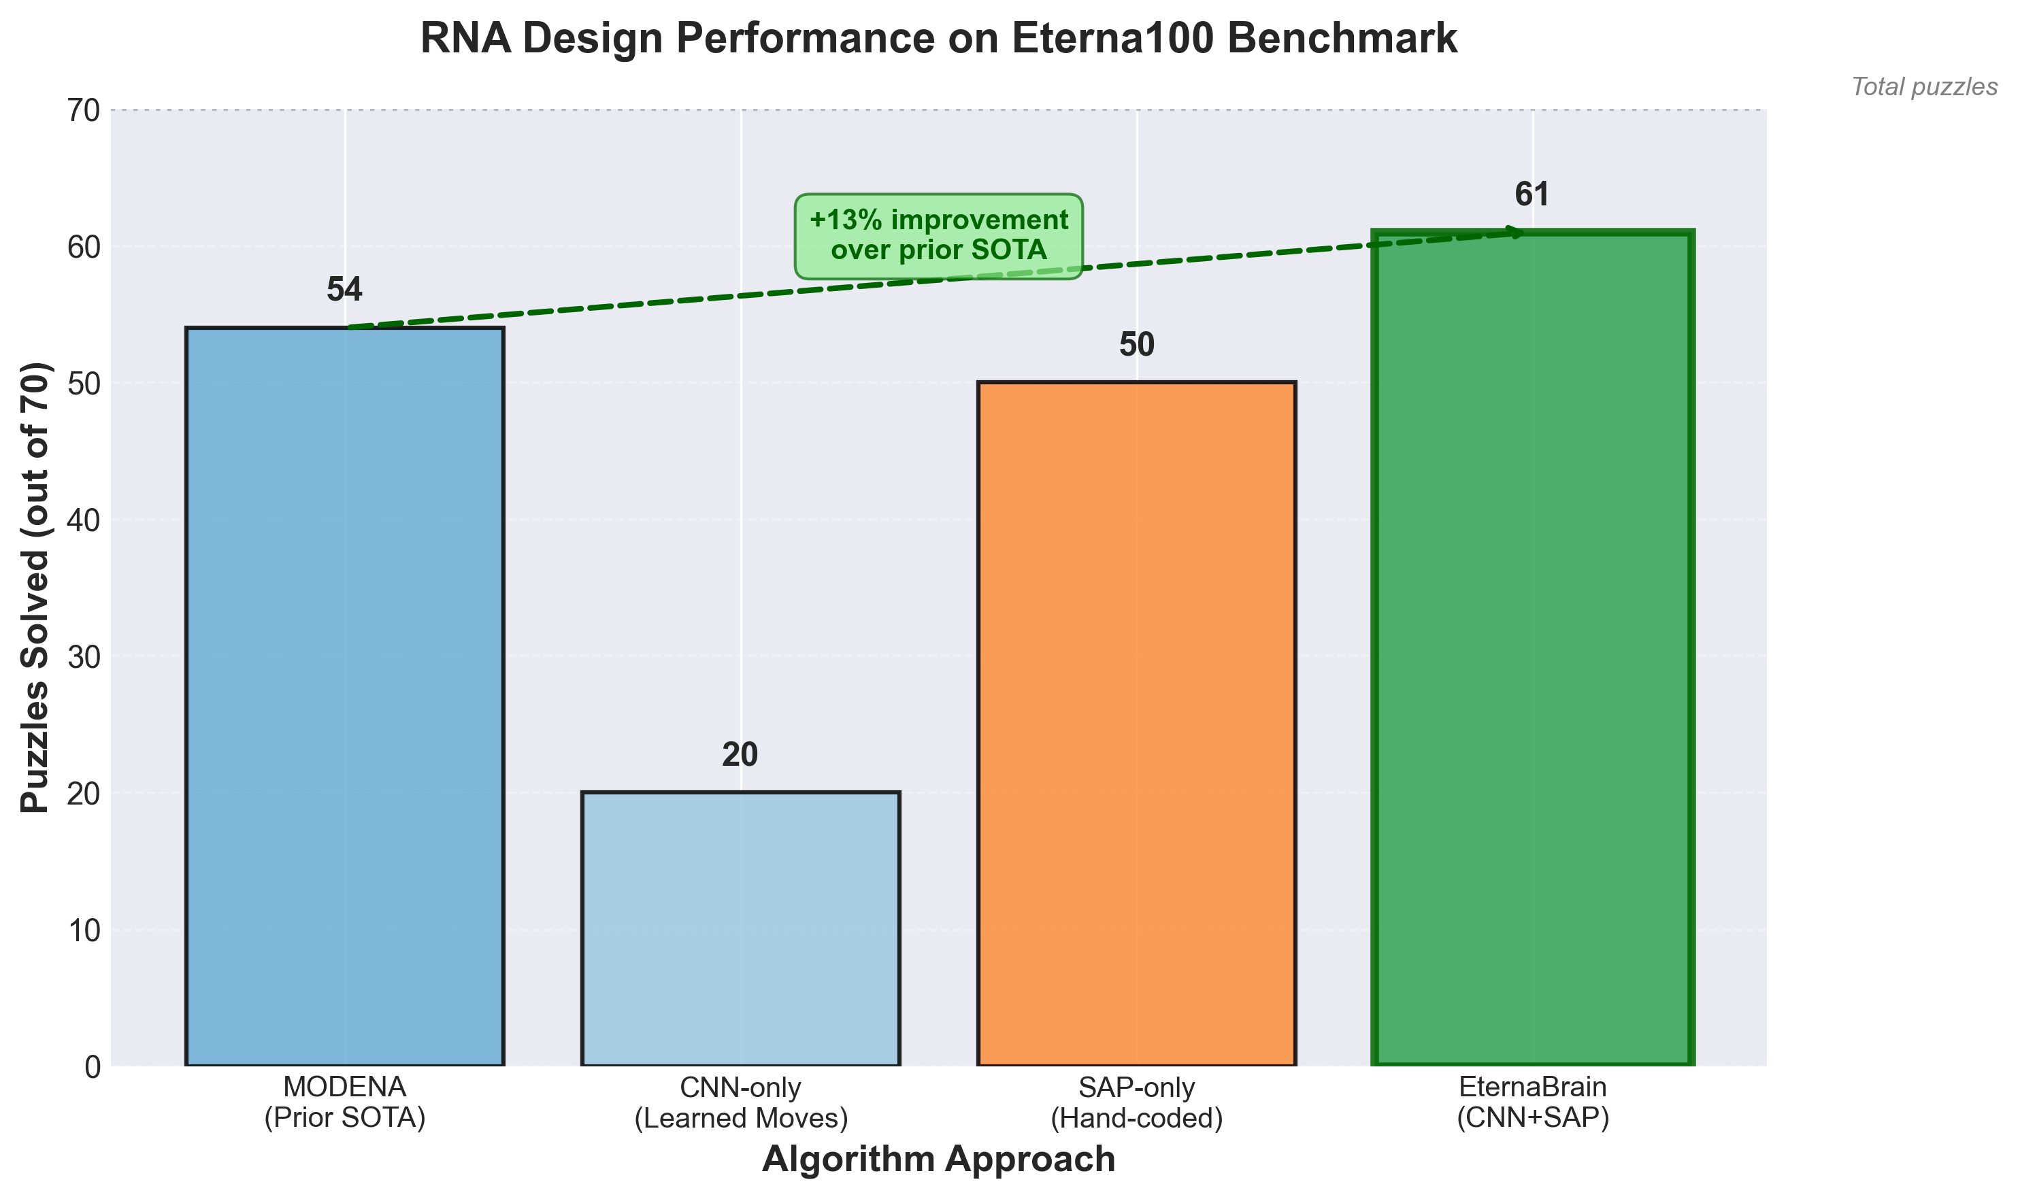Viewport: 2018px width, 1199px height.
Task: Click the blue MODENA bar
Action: point(344,696)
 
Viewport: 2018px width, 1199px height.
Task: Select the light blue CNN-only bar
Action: point(740,928)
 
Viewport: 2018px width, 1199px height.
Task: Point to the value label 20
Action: point(740,756)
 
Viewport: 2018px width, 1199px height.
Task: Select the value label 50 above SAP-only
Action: point(1136,345)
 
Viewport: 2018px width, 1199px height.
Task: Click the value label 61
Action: point(1532,195)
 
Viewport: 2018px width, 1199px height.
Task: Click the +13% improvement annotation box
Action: point(938,235)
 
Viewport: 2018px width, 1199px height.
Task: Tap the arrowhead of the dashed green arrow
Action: point(1518,233)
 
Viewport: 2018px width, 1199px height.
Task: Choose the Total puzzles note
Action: point(1924,87)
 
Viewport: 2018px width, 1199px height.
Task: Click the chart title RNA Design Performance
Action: point(938,39)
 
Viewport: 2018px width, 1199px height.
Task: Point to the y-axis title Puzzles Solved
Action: point(35,588)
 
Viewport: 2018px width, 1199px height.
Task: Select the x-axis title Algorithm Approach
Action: point(938,1160)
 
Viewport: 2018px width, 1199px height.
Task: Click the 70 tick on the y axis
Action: point(83,110)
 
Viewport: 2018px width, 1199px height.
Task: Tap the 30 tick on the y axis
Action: point(83,657)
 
